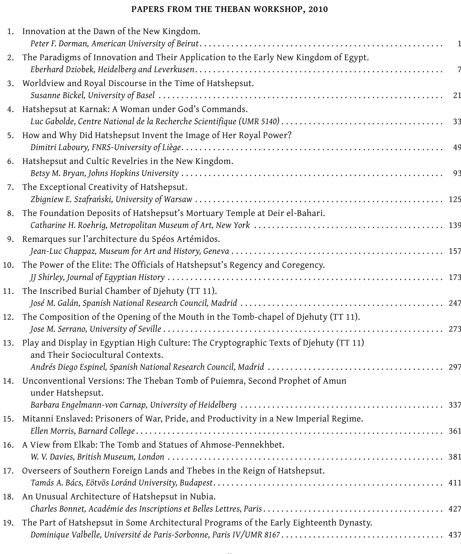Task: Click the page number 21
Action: point(457,95)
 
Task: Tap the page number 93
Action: point(457,173)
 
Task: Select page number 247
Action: point(455,303)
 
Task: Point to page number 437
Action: point(455,535)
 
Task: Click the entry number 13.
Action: point(8,343)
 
